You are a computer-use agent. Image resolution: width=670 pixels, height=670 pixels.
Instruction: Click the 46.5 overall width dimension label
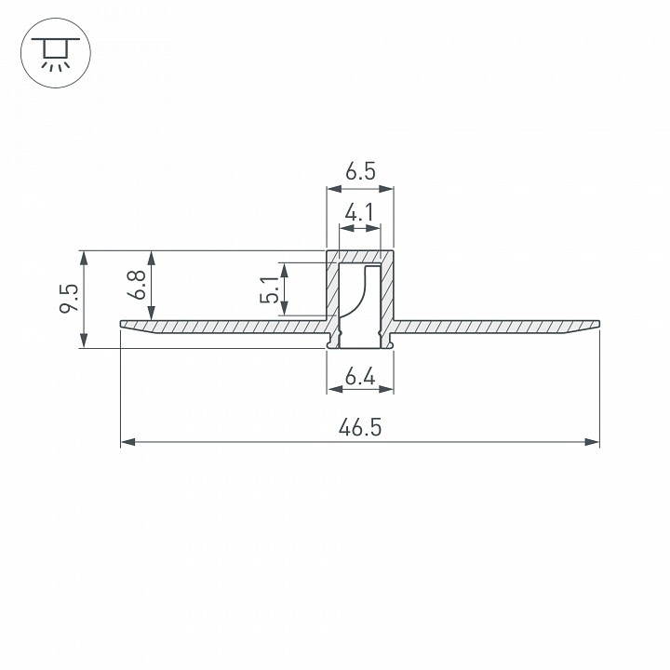[x=360, y=427]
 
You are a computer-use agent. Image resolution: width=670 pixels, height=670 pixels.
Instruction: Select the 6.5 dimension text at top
[x=360, y=171]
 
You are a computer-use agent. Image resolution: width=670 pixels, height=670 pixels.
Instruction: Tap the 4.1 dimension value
[x=359, y=212]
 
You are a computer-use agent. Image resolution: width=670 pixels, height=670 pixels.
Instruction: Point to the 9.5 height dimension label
[x=69, y=298]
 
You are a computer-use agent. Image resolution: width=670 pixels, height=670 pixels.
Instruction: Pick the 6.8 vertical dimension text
[x=137, y=285]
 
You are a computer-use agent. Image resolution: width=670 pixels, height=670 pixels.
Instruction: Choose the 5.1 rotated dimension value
[x=269, y=289]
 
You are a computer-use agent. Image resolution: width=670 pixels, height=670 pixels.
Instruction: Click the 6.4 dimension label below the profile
[x=360, y=377]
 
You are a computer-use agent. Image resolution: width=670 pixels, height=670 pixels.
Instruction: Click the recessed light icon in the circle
[x=56, y=53]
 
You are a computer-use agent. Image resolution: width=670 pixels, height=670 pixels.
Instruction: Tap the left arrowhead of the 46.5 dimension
[x=127, y=442]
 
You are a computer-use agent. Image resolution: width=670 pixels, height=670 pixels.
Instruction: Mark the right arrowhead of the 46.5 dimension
[x=592, y=442]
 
